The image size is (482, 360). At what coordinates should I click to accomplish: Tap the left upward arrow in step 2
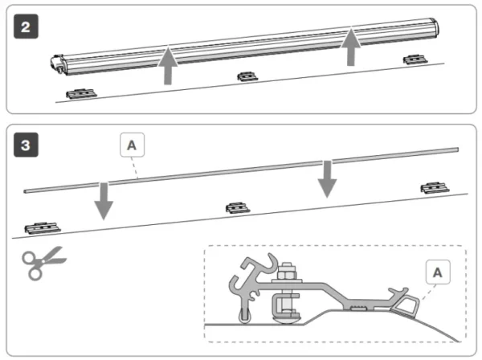pos(167,66)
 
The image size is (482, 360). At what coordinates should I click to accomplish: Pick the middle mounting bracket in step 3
pos(235,208)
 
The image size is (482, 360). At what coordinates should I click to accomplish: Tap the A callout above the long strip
pos(133,145)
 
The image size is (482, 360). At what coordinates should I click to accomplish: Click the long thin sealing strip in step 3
pos(241,170)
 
